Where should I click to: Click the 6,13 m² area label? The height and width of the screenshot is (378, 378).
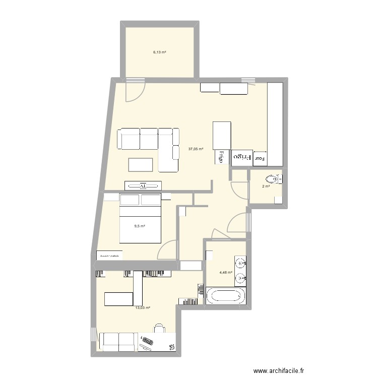tap(160, 52)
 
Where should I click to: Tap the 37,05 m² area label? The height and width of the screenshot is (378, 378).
tap(196, 149)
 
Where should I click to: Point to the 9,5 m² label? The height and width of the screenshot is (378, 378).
tap(140, 226)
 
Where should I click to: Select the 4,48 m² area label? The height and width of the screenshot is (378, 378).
tap(226, 273)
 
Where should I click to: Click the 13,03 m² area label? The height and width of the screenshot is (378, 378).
tap(143, 307)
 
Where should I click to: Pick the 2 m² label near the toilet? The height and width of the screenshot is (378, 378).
tap(266, 186)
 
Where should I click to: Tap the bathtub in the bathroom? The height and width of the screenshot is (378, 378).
tap(225, 296)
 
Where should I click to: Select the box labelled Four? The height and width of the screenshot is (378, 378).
tap(260, 158)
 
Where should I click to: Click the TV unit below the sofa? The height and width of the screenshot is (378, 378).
tap(143, 185)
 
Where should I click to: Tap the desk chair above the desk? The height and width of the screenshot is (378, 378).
tap(160, 328)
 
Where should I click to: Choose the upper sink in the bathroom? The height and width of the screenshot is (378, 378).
tap(241, 263)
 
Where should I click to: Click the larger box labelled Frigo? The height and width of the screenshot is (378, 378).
tap(241, 158)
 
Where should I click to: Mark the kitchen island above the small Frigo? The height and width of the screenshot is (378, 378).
tap(222, 135)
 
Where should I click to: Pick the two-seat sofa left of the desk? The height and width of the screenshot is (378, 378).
tap(118, 341)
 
